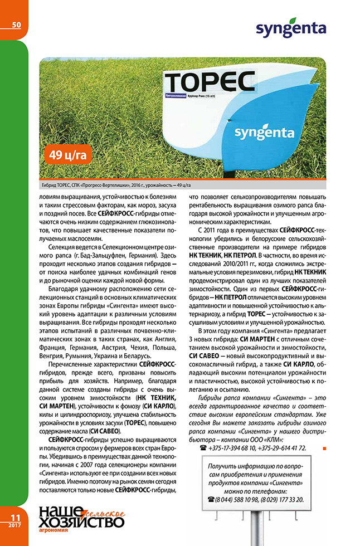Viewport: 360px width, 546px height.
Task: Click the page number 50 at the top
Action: (x=16, y=25)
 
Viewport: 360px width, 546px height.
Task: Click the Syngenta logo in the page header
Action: (x=290, y=29)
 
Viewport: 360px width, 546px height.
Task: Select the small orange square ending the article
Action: (x=324, y=447)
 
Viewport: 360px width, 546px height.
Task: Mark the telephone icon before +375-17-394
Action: (x=202, y=447)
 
